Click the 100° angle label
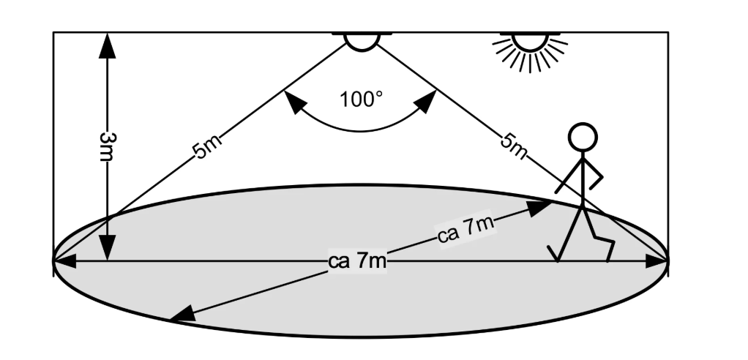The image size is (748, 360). [361, 99]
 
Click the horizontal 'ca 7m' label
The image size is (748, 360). [358, 261]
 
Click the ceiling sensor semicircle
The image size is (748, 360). [361, 41]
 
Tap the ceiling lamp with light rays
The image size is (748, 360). [530, 45]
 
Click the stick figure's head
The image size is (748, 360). [583, 137]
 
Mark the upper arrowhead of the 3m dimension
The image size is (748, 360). [108, 45]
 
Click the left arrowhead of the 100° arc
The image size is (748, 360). [294, 104]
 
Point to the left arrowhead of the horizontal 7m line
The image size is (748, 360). [64, 260]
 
